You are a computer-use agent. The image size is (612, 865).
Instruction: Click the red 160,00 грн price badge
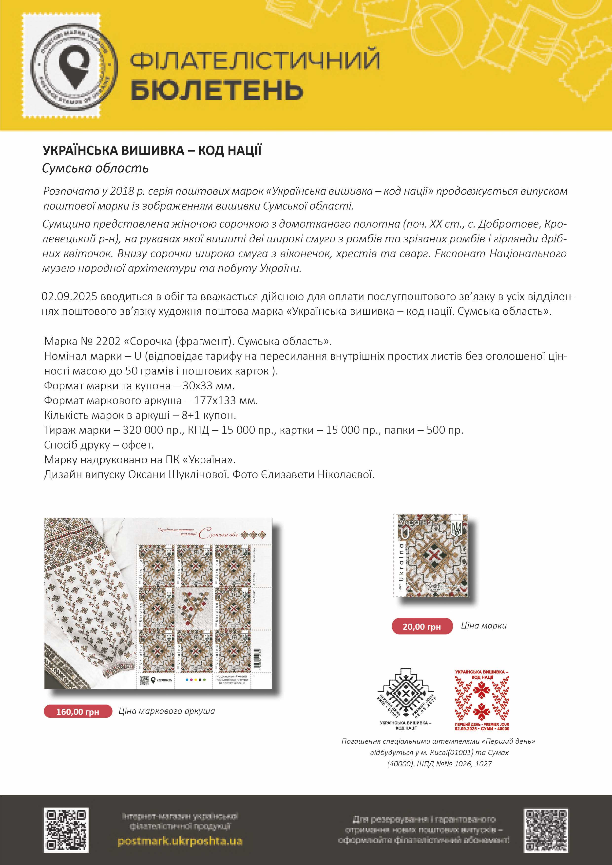(x=78, y=711)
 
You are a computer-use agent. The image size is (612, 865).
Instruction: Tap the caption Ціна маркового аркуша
(x=167, y=711)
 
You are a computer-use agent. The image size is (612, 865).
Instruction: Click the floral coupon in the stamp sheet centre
(x=194, y=607)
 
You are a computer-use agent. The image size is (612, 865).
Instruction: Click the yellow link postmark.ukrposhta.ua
(x=180, y=841)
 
